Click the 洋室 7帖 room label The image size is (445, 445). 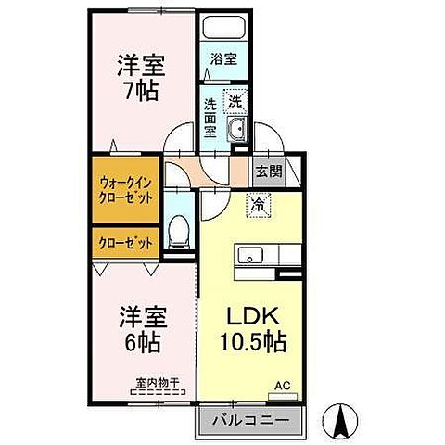(142, 79)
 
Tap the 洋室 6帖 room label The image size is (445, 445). (142, 328)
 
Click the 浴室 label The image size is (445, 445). (223, 58)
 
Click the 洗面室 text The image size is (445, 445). (210, 117)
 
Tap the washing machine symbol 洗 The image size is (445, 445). (235, 100)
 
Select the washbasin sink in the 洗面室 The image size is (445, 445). (236, 129)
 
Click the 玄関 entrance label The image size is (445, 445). (269, 172)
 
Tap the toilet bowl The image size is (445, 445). (179, 232)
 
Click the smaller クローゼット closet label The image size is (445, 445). (124, 242)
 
